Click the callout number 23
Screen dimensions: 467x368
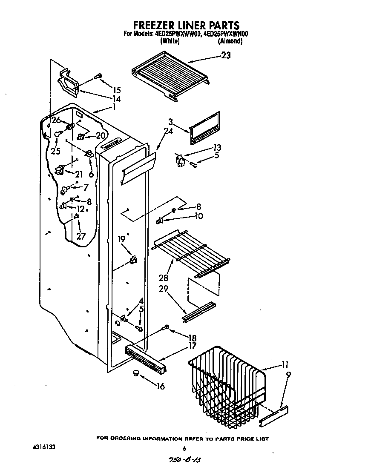click(226, 55)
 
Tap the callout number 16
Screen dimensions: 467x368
click(160, 387)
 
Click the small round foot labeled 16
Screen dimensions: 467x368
click(135, 373)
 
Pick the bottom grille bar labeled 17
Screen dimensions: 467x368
click(145, 358)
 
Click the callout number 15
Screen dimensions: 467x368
click(116, 90)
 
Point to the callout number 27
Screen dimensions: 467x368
click(81, 237)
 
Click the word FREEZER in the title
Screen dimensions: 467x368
click(152, 26)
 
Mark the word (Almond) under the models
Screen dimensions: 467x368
click(230, 41)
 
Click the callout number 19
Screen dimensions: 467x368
click(122, 239)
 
